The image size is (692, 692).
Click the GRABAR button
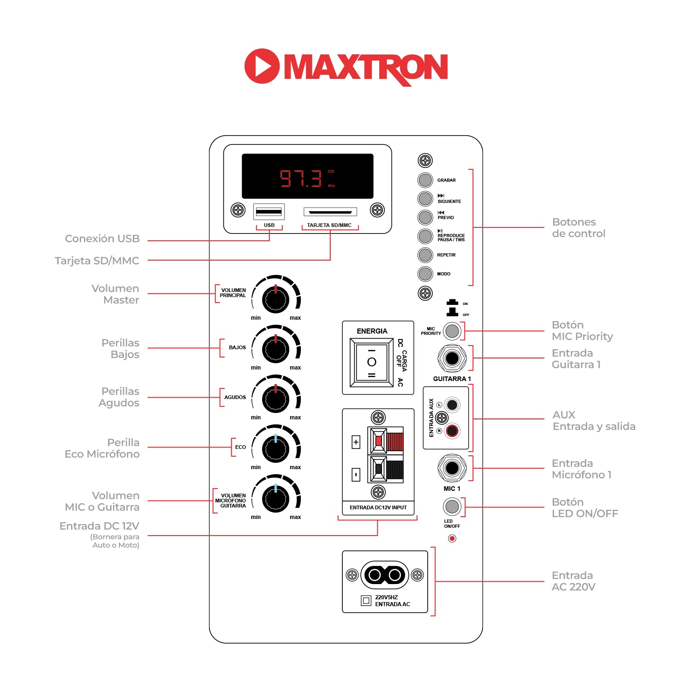(425, 180)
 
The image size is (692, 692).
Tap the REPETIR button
(425, 255)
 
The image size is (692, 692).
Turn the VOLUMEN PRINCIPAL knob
(275, 299)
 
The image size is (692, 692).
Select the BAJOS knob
(275, 349)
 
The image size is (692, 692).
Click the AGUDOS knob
(275, 399)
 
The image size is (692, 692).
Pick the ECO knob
(275, 448)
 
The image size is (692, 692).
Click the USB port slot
(269, 212)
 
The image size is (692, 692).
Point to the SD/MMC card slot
(330, 212)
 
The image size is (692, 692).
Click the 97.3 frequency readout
(301, 178)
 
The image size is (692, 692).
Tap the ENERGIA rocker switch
(371, 362)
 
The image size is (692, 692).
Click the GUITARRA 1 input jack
(452, 358)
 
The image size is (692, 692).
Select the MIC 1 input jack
(452, 468)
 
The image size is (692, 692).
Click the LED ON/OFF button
(452, 507)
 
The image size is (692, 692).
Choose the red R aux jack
(452, 430)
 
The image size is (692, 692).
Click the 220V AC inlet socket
(385, 575)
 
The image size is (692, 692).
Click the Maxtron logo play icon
(262, 66)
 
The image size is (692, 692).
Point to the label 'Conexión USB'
(102, 239)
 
